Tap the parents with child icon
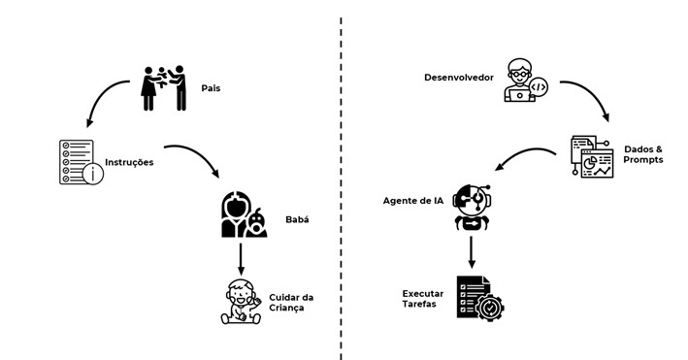click(163, 86)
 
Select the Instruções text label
click(129, 162)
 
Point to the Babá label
click(296, 220)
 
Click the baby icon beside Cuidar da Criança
click(239, 302)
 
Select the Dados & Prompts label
click(643, 153)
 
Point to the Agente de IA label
click(415, 201)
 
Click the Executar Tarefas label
click(424, 298)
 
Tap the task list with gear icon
click(480, 298)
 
